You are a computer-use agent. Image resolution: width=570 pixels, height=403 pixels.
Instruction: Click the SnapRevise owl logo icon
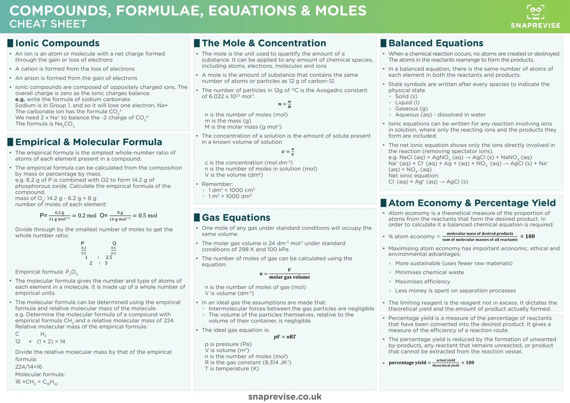(535, 12)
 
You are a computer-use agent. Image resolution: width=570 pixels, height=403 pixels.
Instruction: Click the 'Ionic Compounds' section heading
(57, 43)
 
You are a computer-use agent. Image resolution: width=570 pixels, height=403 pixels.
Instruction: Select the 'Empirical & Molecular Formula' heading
(88, 142)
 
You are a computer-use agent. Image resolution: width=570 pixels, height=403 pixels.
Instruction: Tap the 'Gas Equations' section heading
(236, 218)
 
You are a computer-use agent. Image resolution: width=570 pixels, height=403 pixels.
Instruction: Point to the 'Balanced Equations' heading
(436, 43)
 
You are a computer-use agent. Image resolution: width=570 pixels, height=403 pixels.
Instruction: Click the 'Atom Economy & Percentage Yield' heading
(472, 203)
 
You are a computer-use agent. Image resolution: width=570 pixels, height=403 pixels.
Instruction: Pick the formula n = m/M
(285, 104)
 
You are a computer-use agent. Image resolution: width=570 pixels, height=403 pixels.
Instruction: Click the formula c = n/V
(288, 152)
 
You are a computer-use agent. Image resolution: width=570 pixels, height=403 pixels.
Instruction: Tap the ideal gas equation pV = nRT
(285, 337)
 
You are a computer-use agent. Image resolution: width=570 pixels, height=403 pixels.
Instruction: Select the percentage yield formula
(431, 363)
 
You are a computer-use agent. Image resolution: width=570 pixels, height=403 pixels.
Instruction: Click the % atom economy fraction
(480, 237)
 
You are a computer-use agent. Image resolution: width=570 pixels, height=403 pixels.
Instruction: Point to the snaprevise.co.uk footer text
(285, 397)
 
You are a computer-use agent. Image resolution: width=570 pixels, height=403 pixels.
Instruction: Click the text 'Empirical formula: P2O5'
(46, 272)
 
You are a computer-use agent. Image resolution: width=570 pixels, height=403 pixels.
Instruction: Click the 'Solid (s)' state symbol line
(406, 96)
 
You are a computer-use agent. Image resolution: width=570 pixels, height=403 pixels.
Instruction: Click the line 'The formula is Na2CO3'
(45, 124)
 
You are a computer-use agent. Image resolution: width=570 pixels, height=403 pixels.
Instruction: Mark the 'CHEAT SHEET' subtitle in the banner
(48, 24)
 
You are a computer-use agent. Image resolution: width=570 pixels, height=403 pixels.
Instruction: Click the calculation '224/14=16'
(29, 367)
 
